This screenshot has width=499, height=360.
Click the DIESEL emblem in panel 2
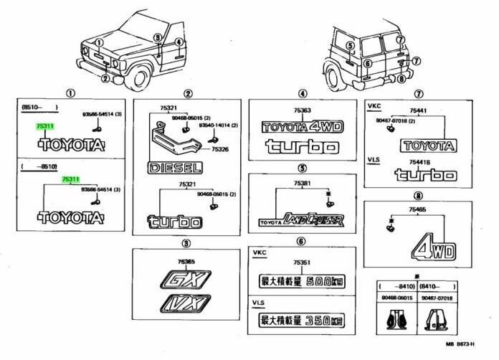tap(175, 169)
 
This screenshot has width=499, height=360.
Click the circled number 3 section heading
tap(186, 243)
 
